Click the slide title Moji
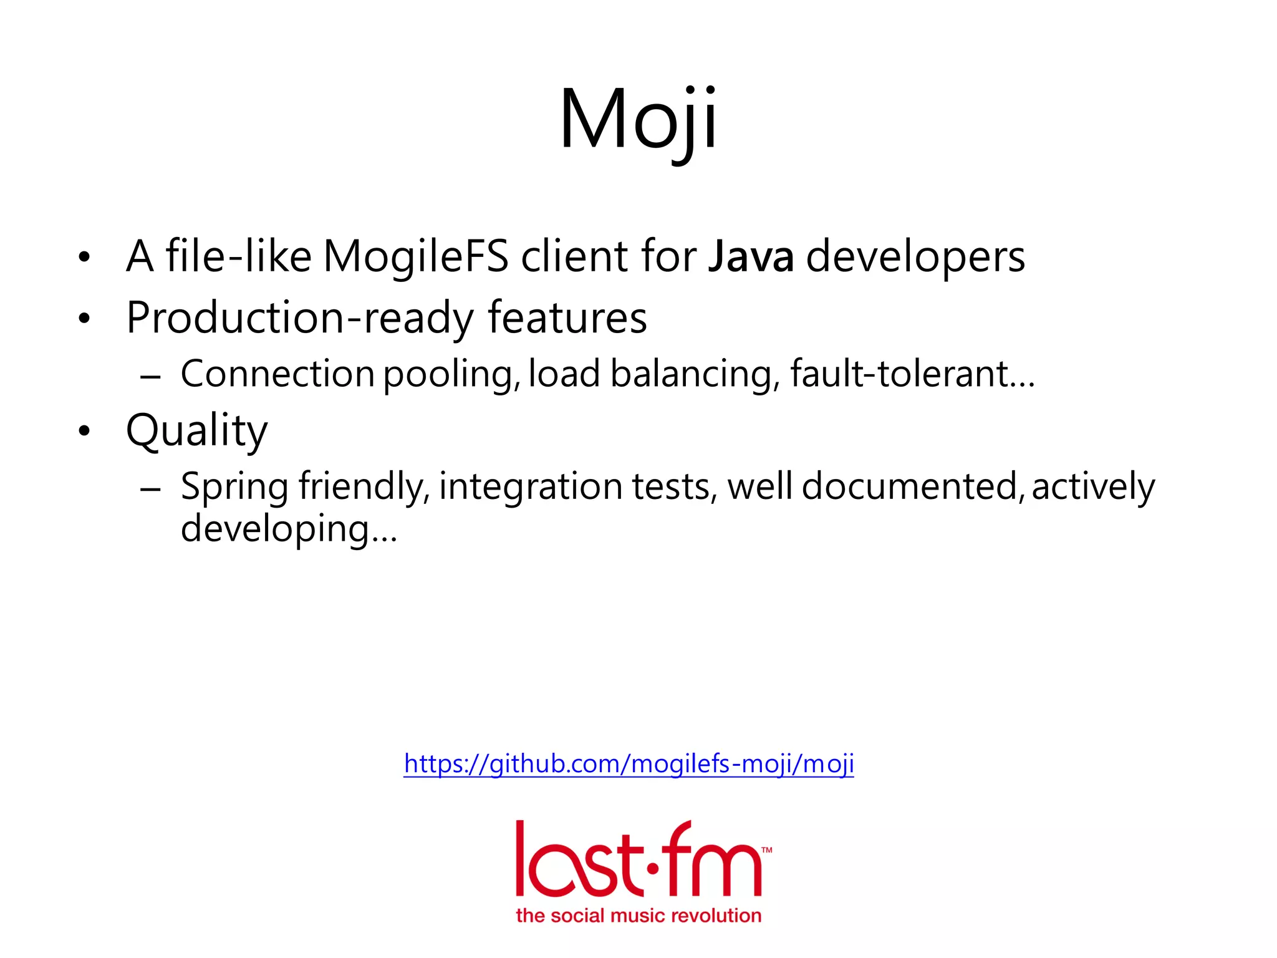coord(638,120)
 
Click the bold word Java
coord(751,256)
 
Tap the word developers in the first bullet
coord(915,256)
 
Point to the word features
coord(567,318)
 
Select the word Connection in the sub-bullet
coord(277,374)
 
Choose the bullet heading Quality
coord(196,431)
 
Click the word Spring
coord(234,487)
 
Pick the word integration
coord(531,487)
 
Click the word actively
coord(1093,487)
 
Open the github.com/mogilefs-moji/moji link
coord(629,763)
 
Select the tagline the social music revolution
coord(638,916)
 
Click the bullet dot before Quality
coord(85,431)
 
